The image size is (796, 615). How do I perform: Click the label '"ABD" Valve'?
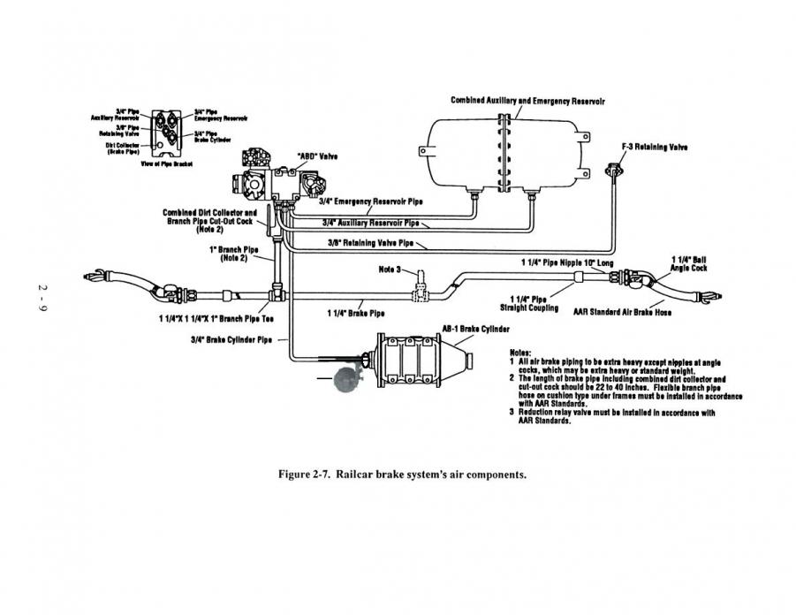[317, 156]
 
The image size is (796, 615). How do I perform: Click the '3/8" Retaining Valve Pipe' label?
[369, 241]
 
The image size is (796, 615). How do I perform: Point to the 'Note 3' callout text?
[390, 269]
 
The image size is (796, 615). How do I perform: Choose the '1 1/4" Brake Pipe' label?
[355, 313]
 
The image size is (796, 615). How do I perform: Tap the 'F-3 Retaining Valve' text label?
[655, 147]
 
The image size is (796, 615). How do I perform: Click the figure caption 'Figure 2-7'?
[402, 474]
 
